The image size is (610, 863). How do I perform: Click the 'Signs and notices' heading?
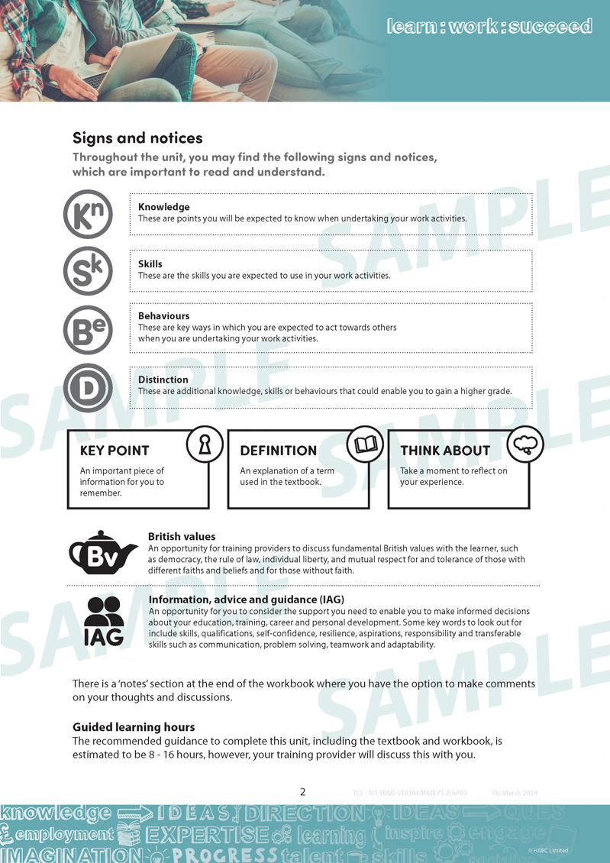(137, 138)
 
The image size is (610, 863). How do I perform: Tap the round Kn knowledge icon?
(88, 215)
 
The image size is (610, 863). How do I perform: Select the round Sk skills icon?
(88, 271)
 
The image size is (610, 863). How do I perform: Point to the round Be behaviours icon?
(88, 330)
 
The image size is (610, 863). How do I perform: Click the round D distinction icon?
(88, 388)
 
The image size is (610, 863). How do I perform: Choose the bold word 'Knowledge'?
(163, 207)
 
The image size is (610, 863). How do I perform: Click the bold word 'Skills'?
(150, 264)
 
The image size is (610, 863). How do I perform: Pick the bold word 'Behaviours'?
(163, 316)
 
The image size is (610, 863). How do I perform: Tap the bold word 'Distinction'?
(163, 380)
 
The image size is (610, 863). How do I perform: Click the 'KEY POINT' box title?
(115, 451)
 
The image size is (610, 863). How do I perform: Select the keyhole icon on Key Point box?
(205, 445)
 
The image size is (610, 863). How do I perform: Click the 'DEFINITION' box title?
(278, 451)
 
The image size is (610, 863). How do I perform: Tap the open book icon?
(365, 445)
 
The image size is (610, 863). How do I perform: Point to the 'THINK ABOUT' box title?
(445, 451)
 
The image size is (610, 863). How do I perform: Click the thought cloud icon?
(525, 445)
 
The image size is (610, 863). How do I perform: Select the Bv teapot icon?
(102, 553)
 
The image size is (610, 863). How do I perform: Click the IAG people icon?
(103, 620)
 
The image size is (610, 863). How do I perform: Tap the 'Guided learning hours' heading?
(134, 727)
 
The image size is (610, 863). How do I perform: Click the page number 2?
(303, 792)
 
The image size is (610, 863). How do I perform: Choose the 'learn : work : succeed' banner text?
(489, 27)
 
